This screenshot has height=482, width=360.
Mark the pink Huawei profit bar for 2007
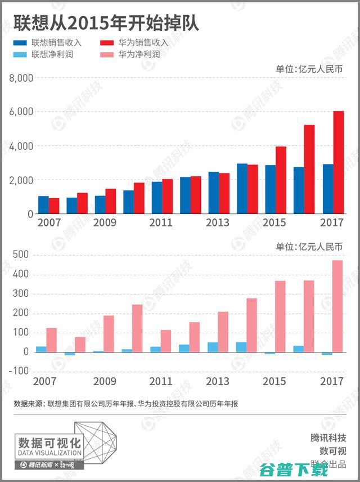(51, 340)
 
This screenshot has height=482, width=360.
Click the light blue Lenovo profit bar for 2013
(213, 347)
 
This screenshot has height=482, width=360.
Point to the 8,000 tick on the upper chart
(21, 78)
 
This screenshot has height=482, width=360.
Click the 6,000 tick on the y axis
(21, 112)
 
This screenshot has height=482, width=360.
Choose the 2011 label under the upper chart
(161, 223)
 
